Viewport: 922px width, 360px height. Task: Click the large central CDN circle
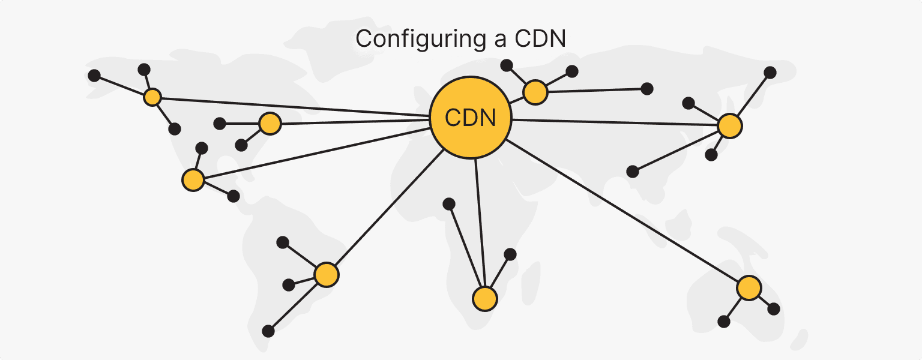click(x=471, y=118)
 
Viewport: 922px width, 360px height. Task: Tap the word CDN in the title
click(x=540, y=39)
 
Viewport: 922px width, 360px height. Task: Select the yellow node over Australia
click(x=749, y=288)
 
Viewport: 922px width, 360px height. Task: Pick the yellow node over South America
click(x=327, y=274)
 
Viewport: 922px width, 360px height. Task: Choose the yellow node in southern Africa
click(x=484, y=298)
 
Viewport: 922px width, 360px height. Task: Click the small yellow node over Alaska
click(x=153, y=97)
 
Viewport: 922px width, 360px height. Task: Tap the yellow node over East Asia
click(x=730, y=126)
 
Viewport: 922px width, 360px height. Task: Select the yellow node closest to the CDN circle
click(x=535, y=92)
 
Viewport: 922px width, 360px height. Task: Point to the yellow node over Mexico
click(x=193, y=179)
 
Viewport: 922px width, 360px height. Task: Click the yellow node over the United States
click(x=270, y=124)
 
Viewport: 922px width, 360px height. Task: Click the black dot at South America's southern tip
click(x=268, y=331)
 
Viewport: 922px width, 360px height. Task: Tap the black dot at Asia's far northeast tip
click(x=770, y=73)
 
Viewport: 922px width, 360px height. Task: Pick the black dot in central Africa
click(x=448, y=204)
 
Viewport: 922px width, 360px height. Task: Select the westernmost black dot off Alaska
click(x=94, y=76)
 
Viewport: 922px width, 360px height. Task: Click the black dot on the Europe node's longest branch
click(x=646, y=89)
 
